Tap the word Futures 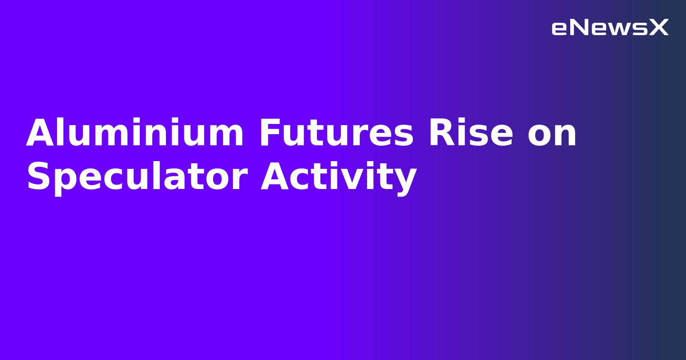tap(336, 133)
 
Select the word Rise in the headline tap(471, 133)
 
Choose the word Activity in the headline tap(339, 177)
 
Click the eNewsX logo tap(610, 27)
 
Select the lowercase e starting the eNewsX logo tap(560, 29)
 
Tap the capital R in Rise tap(441, 133)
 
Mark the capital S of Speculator tap(38, 177)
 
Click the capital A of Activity tap(275, 177)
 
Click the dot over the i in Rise tap(466, 120)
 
